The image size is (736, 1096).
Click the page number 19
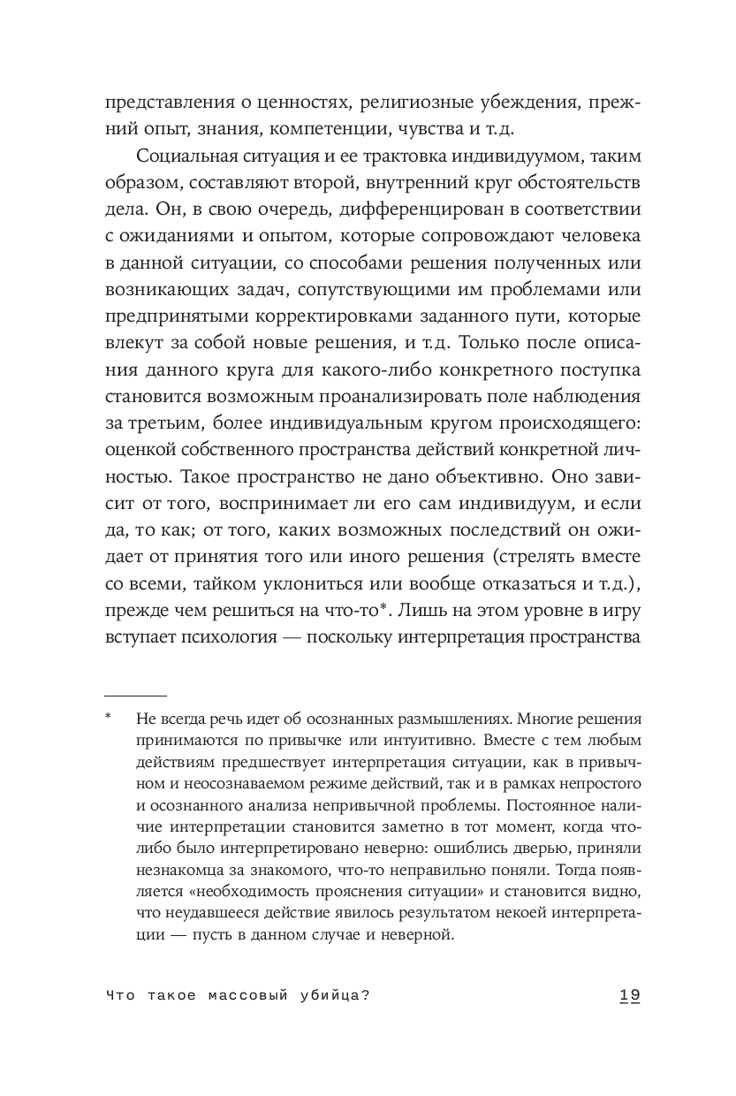(628, 995)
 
